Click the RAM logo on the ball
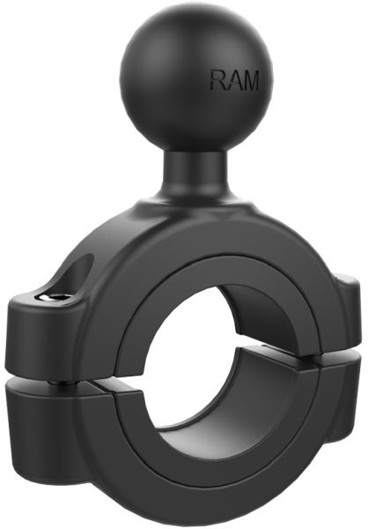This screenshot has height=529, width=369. click(235, 81)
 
